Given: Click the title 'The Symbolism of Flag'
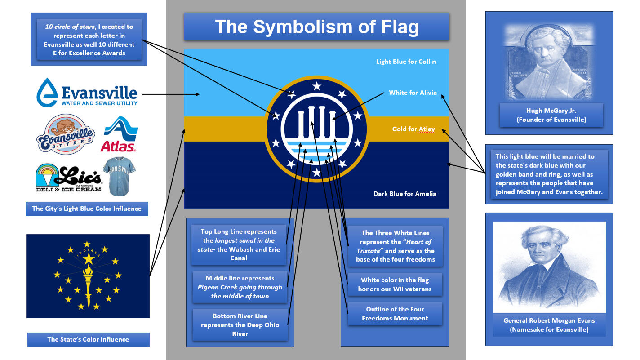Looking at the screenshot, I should (316, 27).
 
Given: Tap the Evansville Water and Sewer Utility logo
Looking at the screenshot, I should (87, 92).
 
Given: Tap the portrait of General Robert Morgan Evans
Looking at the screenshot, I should (549, 267).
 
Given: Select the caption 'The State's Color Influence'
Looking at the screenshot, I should (88, 339).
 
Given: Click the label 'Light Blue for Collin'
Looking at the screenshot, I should (406, 62).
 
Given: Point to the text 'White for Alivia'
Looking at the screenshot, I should (413, 93).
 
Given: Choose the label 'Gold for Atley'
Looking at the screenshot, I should (413, 129).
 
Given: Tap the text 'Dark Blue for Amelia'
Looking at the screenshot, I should (404, 194).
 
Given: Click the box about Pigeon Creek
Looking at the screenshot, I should (240, 287).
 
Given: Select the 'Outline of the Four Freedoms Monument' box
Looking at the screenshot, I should (395, 314).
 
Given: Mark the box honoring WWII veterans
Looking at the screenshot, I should (395, 284).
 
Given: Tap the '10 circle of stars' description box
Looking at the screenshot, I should (89, 40).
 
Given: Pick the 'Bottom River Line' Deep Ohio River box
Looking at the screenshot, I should (240, 325).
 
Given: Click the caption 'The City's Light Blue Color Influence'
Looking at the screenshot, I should (87, 209).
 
